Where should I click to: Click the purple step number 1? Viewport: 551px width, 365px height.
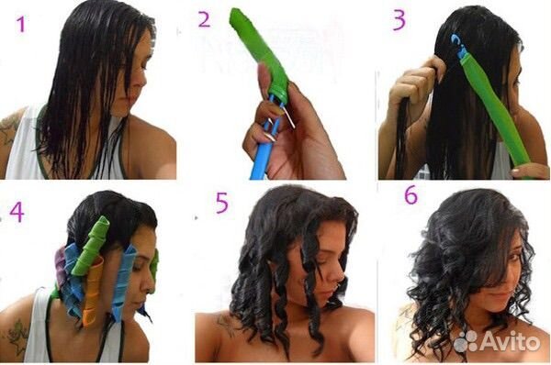coord(21,25)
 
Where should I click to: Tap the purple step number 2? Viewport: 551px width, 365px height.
coord(204,19)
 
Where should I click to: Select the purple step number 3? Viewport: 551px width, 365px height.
coord(399,20)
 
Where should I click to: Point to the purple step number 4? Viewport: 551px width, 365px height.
coord(17,212)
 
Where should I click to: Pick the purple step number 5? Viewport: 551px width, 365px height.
coord(221,204)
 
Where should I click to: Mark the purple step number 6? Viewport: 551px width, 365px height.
coord(410,194)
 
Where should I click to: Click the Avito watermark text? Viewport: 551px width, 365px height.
coord(510,341)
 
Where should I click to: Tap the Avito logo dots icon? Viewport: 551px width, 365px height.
coord(466,341)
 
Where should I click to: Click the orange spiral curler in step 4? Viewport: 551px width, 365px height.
coord(93,292)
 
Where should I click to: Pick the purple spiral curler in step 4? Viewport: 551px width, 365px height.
coord(60,267)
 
